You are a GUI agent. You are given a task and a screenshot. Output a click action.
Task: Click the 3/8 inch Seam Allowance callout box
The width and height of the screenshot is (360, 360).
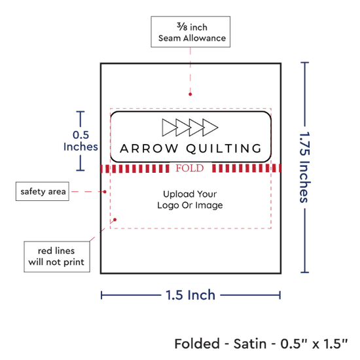[190, 32]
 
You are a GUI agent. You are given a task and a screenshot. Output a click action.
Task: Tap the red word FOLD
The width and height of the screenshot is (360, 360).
[190, 168]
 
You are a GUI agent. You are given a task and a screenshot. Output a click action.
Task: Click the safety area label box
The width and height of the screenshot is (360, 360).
[43, 191]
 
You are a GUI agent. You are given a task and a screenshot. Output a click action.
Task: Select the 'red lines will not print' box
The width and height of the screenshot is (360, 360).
[57, 257]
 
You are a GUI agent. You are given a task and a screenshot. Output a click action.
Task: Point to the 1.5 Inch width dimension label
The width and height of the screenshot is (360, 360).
[190, 295]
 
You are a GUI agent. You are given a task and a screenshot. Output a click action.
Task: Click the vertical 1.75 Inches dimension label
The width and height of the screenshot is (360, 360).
[305, 167]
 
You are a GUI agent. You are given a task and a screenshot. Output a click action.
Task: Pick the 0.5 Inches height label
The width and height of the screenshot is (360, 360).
[81, 141]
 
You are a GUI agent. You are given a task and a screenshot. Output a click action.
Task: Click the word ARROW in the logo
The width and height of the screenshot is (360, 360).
[149, 149]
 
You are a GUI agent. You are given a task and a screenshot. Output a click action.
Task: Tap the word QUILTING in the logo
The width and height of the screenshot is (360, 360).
[224, 149]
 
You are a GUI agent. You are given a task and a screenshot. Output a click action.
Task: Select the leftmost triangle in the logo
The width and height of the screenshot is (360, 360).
[169, 128]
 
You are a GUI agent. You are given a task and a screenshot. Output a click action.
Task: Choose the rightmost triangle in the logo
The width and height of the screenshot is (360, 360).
[209, 128]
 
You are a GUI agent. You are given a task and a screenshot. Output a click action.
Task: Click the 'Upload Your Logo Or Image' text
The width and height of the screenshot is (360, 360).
[190, 200]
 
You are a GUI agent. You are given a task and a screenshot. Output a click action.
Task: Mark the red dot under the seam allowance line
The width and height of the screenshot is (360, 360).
[190, 94]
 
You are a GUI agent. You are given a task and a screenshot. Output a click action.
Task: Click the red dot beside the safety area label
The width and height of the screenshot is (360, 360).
[105, 192]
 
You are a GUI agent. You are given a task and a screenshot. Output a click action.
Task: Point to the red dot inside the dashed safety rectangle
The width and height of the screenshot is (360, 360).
[115, 220]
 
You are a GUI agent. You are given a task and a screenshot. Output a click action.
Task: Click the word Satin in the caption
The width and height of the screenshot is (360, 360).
[250, 344]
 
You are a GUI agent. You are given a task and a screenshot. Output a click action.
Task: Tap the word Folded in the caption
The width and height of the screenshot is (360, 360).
[197, 344]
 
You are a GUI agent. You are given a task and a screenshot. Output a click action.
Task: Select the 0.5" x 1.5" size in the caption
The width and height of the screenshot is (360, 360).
[314, 344]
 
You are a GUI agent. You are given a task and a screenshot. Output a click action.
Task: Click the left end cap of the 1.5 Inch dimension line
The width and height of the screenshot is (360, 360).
[101, 295]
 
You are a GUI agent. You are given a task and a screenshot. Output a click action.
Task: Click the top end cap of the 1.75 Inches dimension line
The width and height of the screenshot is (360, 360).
[304, 62]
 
